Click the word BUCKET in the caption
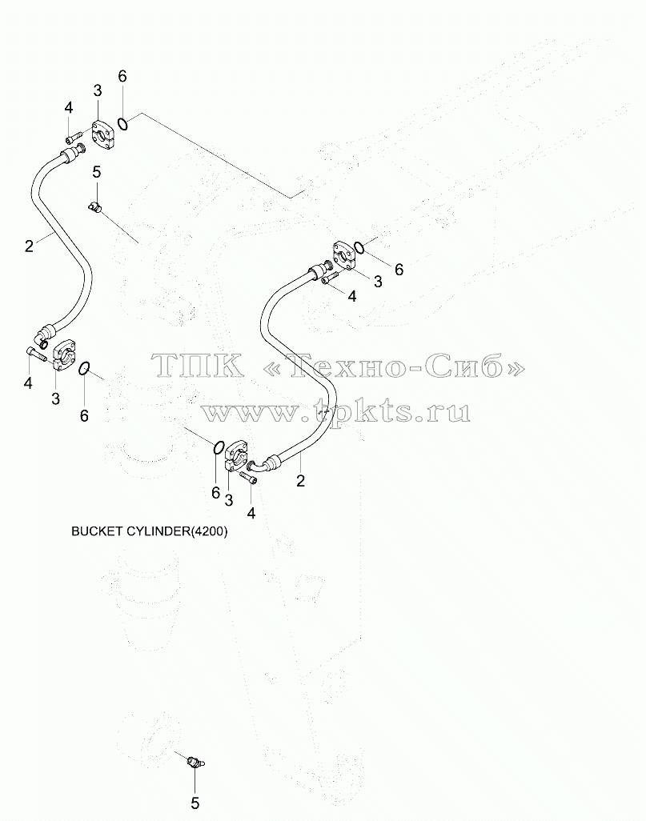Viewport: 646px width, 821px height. point(97,531)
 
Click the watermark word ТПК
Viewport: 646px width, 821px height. point(197,364)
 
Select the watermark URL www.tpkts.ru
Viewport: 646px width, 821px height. point(335,411)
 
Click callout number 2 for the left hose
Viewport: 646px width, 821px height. point(30,246)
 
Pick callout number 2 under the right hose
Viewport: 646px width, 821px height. point(300,481)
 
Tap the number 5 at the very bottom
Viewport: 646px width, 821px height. point(195,803)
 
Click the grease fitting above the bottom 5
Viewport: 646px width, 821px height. point(195,764)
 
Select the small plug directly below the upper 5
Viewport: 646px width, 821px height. point(95,207)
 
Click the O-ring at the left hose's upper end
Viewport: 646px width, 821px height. point(122,124)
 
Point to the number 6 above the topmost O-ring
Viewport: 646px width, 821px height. point(122,77)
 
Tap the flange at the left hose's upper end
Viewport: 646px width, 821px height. point(104,134)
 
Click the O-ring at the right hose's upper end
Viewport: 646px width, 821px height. point(359,247)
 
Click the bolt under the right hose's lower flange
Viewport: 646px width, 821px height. point(248,477)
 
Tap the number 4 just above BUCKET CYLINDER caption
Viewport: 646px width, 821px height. point(251,513)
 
